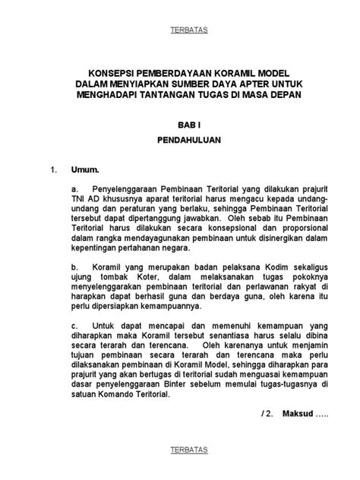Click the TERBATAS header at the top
[180, 30]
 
